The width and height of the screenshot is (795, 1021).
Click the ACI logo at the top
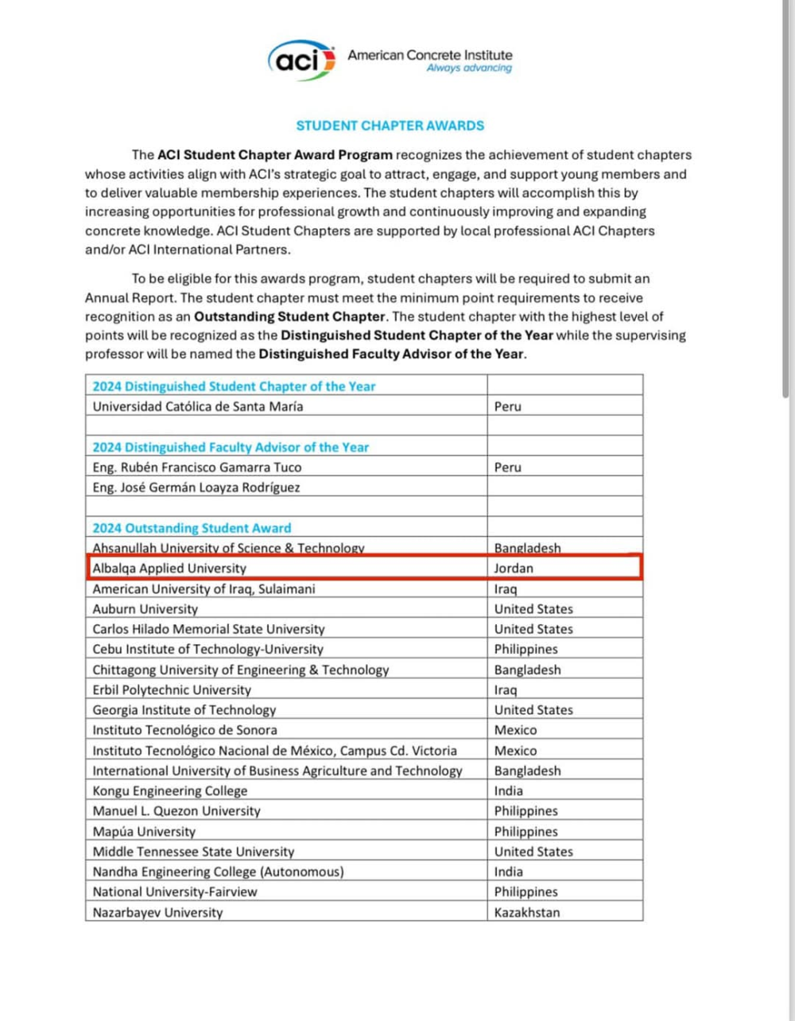(301, 60)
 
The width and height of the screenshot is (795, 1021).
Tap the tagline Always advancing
(469, 68)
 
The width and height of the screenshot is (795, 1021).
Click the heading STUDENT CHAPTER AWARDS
(390, 126)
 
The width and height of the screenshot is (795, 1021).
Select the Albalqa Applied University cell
(169, 569)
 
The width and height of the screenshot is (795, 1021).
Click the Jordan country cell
(514, 569)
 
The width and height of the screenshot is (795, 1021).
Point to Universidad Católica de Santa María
(197, 406)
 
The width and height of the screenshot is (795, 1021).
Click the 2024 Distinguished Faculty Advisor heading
(231, 447)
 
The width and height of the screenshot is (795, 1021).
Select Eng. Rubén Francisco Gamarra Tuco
(196, 468)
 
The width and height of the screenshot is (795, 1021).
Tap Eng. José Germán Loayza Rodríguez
(196, 487)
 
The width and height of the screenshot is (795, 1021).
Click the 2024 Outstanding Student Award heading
(192, 528)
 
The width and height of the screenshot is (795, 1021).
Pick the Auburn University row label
(145, 609)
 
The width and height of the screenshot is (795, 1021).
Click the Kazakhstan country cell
(526, 912)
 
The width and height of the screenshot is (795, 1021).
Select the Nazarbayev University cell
(157, 912)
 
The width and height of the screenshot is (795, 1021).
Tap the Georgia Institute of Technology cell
(184, 710)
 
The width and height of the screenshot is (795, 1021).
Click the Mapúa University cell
(144, 831)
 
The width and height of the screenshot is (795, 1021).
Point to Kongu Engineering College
(169, 791)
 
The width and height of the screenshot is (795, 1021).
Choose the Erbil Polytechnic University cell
(171, 690)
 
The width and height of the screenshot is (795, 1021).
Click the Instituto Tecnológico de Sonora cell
(184, 730)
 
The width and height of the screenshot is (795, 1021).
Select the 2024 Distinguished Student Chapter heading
(234, 386)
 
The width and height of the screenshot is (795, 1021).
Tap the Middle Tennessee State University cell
(193, 852)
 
